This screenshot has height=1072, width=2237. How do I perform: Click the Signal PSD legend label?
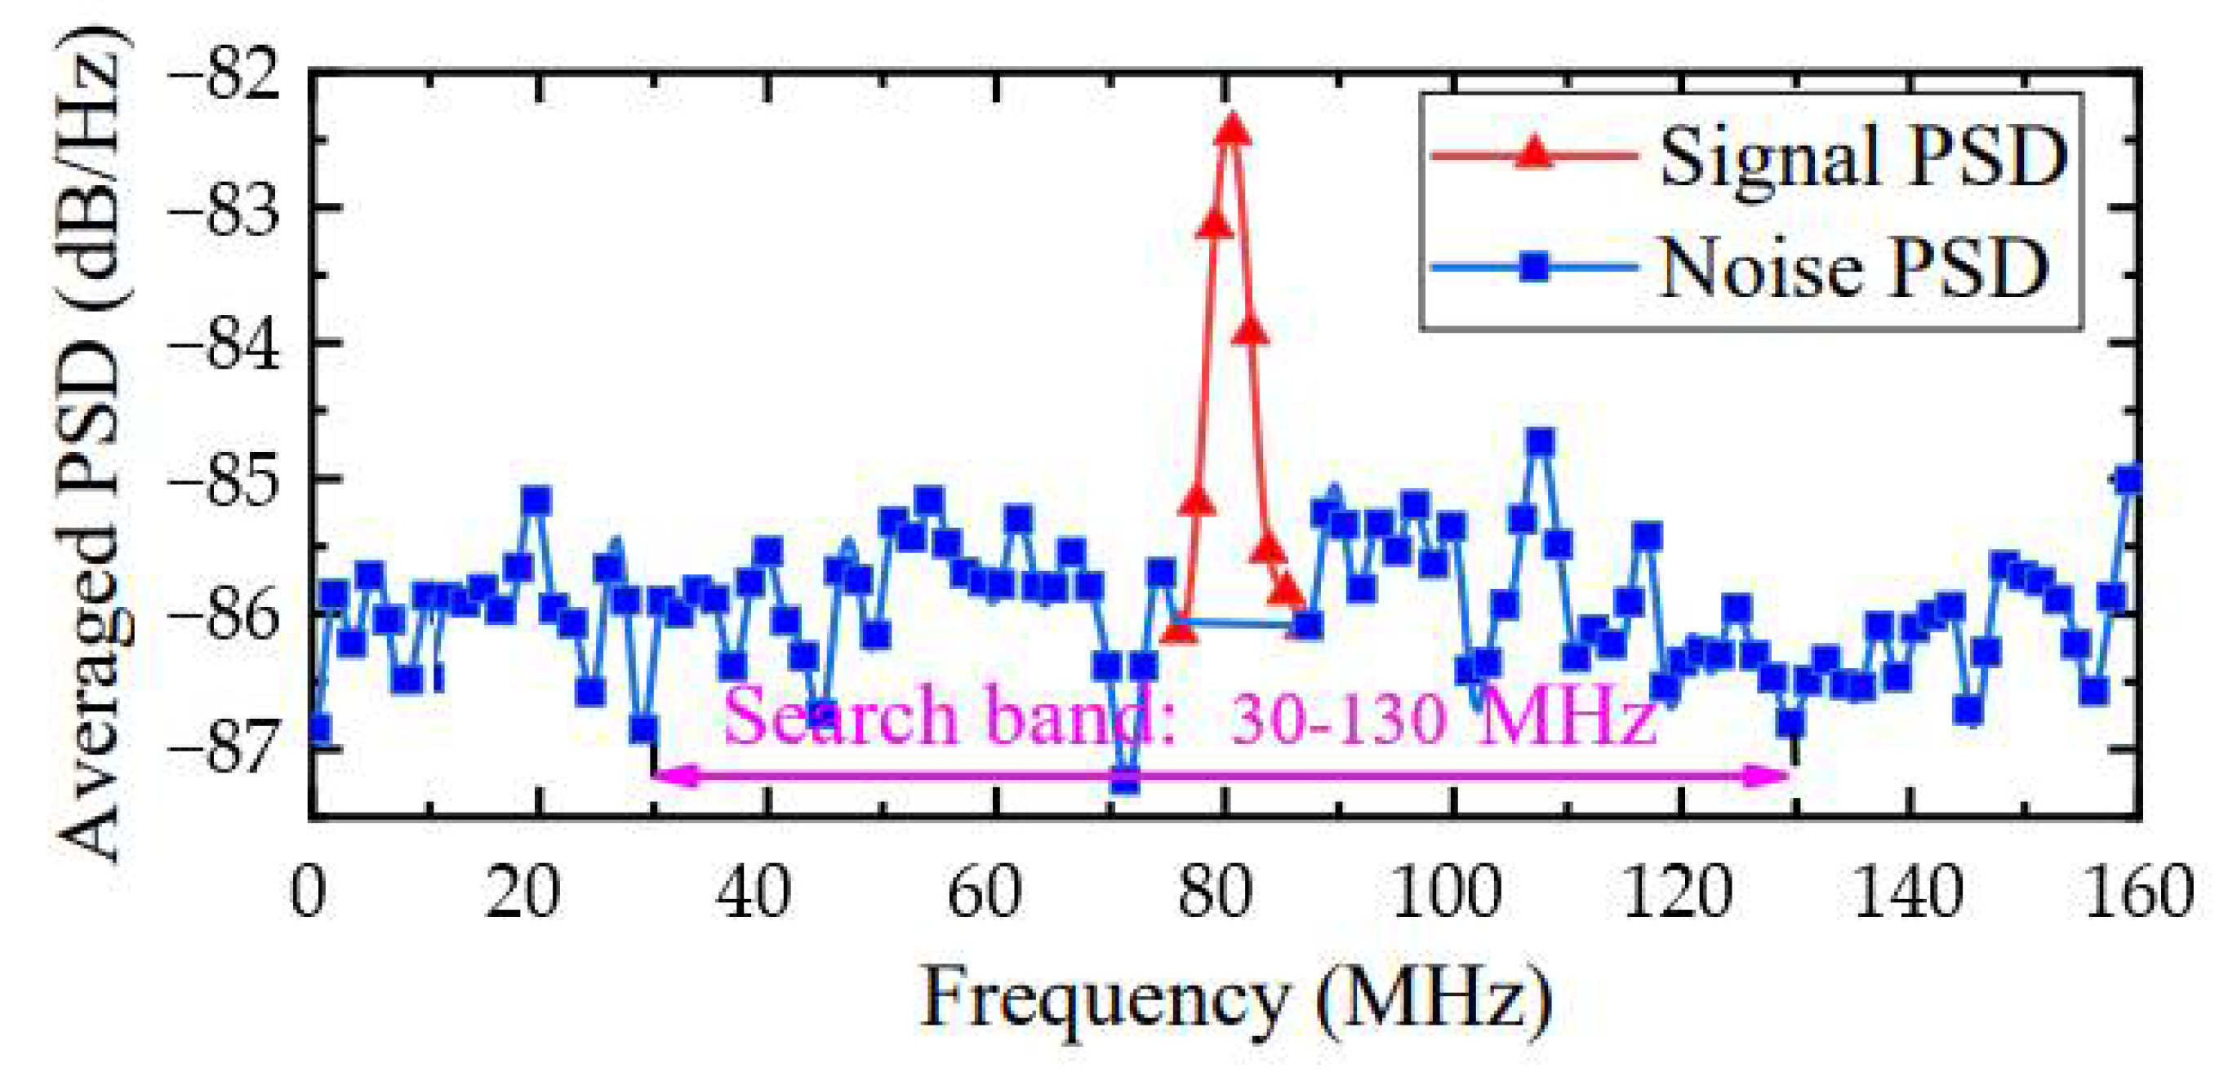click(1864, 157)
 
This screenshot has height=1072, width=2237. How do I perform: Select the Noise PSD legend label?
click(1853, 268)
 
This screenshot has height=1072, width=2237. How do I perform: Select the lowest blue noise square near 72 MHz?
click(1126, 779)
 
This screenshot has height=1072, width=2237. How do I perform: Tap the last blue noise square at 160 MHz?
click(2129, 480)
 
